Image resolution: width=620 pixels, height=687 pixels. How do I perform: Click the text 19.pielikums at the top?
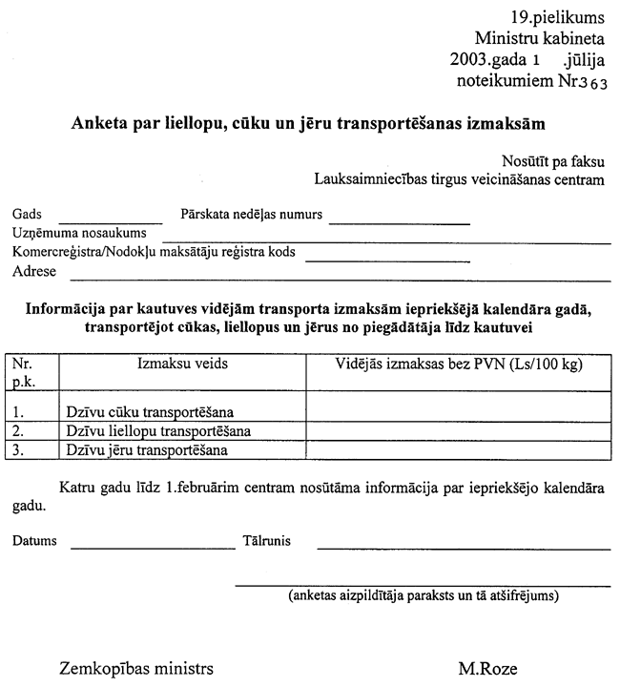(x=558, y=18)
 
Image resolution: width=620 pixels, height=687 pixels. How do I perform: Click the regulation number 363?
(x=591, y=83)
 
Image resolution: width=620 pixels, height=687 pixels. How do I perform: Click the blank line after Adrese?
(x=340, y=276)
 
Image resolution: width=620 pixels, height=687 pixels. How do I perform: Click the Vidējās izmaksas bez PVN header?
(x=459, y=364)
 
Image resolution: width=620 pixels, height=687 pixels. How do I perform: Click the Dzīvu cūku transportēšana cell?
(x=151, y=413)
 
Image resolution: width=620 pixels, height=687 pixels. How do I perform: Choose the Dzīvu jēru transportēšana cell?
(x=148, y=449)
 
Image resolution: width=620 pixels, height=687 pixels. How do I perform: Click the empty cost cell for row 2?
(x=459, y=431)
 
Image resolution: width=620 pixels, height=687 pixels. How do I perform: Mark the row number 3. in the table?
(x=19, y=449)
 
